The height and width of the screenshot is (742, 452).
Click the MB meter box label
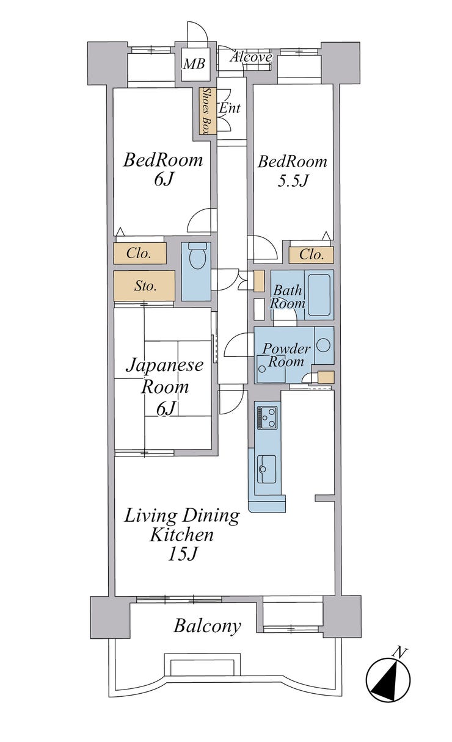[x=194, y=63]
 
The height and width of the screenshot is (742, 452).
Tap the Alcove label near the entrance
[x=252, y=57]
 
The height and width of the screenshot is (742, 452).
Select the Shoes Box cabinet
[x=208, y=111]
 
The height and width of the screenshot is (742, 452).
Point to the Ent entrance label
[x=230, y=107]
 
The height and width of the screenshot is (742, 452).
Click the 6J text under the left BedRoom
[x=164, y=179]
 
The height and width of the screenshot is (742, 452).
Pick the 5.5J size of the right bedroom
[x=293, y=181]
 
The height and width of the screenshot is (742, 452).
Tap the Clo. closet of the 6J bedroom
[x=140, y=253]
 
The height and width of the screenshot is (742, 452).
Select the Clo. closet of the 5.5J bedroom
[x=311, y=254]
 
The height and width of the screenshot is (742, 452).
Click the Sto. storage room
[x=144, y=286]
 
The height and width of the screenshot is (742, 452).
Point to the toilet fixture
[x=198, y=256]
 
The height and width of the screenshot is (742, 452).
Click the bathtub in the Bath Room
[x=319, y=295]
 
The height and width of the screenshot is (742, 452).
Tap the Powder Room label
[x=286, y=355]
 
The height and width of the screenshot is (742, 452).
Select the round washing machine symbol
[x=323, y=345]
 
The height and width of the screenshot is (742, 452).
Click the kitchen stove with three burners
[x=268, y=417]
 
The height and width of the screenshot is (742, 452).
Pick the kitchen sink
[x=267, y=469]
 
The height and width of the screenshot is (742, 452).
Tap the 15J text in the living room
[x=183, y=554]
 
